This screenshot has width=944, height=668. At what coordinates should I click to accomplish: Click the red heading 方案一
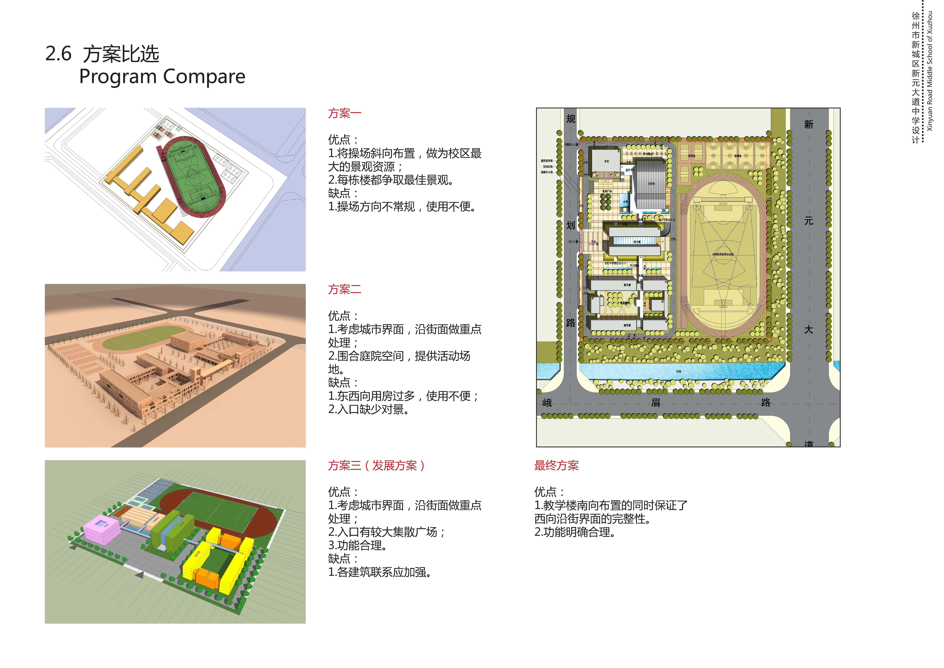[345, 113]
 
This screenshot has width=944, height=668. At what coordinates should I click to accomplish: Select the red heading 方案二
[345, 289]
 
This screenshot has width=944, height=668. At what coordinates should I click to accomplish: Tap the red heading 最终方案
[556, 466]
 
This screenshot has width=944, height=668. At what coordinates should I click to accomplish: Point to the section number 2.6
[58, 54]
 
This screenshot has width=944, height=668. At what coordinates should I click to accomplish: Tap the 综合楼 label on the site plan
[637, 242]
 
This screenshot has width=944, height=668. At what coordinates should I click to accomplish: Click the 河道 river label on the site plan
[678, 371]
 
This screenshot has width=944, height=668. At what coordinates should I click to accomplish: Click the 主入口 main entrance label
[572, 241]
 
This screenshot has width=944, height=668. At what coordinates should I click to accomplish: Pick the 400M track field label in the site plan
[723, 254]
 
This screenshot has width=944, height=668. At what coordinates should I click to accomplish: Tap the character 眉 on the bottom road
[656, 403]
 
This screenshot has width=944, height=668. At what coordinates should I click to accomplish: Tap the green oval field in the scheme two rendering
[144, 337]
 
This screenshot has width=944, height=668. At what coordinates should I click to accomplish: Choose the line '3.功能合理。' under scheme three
[357, 545]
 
